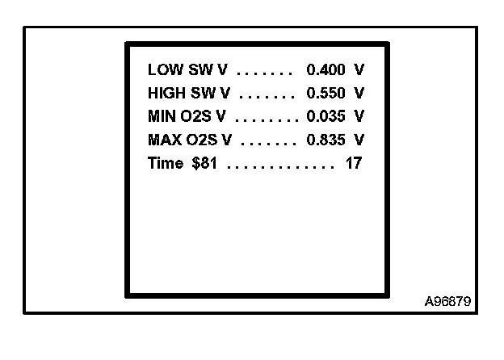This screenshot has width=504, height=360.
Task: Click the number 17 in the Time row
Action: coord(353,163)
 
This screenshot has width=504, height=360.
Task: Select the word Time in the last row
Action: coord(166,163)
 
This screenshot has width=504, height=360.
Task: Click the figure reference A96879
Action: coord(448,302)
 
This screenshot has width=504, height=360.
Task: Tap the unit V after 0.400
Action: coord(359,70)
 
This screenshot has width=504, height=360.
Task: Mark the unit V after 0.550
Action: coord(359,94)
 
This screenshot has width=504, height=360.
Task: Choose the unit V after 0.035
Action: coord(359,116)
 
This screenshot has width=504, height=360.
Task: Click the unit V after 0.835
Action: coord(359,140)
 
